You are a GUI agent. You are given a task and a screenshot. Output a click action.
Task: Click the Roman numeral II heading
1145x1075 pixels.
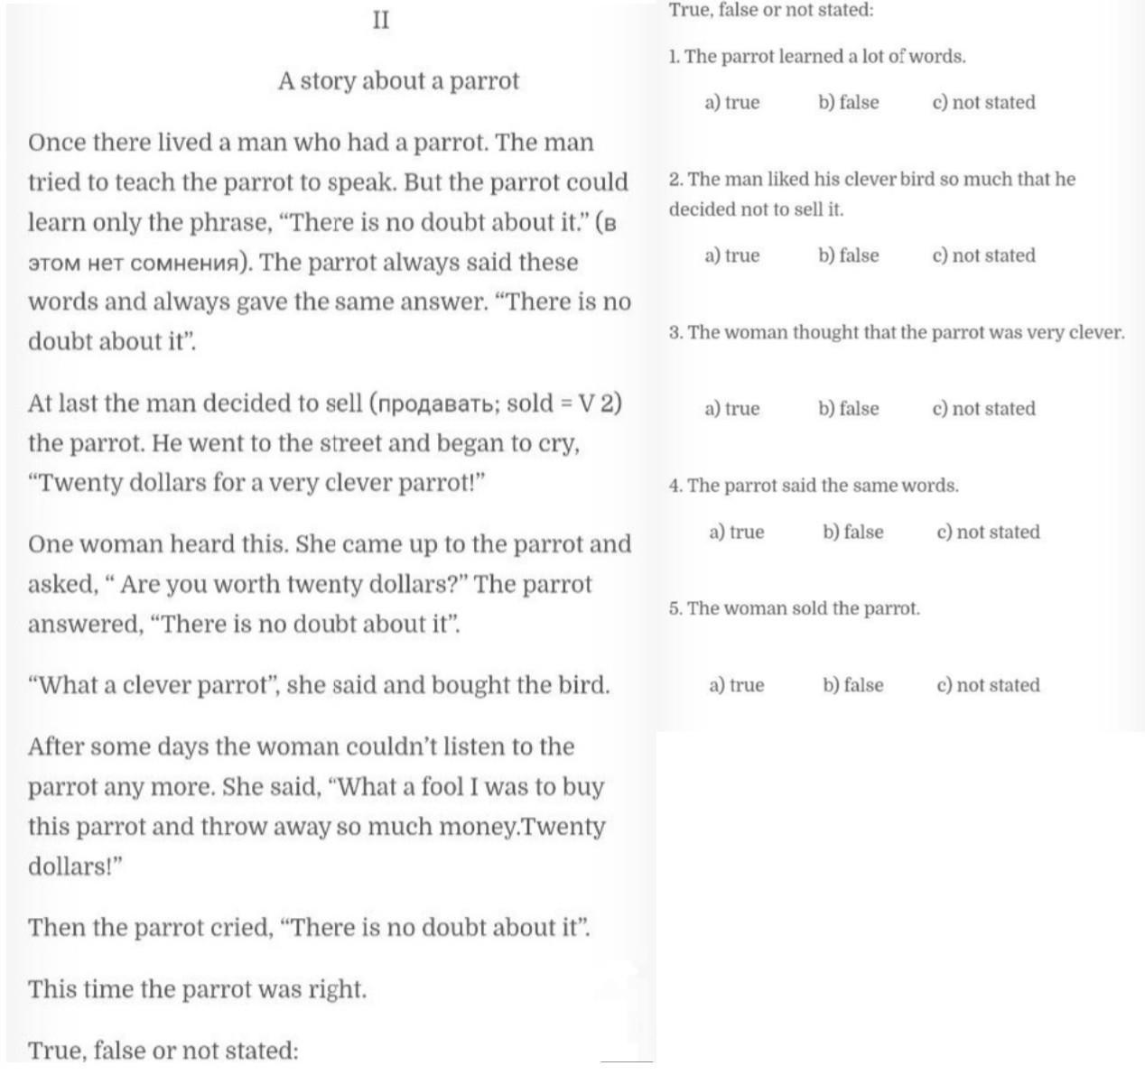point(381,20)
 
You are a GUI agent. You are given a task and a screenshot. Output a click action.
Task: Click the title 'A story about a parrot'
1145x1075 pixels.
point(398,81)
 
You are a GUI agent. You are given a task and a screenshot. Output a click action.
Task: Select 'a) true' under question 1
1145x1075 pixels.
point(731,103)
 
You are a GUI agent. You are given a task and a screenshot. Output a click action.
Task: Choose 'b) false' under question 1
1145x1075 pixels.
point(848,103)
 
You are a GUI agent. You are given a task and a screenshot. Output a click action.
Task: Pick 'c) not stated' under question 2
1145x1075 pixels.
point(983,255)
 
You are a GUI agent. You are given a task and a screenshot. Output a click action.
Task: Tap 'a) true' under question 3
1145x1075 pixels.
point(731,409)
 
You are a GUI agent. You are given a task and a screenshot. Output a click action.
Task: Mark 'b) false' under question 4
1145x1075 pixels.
point(852,533)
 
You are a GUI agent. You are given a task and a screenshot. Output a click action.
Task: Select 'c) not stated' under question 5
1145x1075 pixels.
point(988,685)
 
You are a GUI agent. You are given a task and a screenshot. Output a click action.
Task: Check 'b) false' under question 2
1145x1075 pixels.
point(848,255)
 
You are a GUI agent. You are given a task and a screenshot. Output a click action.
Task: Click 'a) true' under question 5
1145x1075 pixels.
point(736,685)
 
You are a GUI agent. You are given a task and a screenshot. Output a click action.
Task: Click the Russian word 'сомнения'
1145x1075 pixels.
point(186,264)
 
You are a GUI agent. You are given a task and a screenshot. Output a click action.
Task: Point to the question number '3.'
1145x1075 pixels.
point(676,333)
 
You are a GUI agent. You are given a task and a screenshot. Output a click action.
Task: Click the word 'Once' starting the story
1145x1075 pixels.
point(57,144)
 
